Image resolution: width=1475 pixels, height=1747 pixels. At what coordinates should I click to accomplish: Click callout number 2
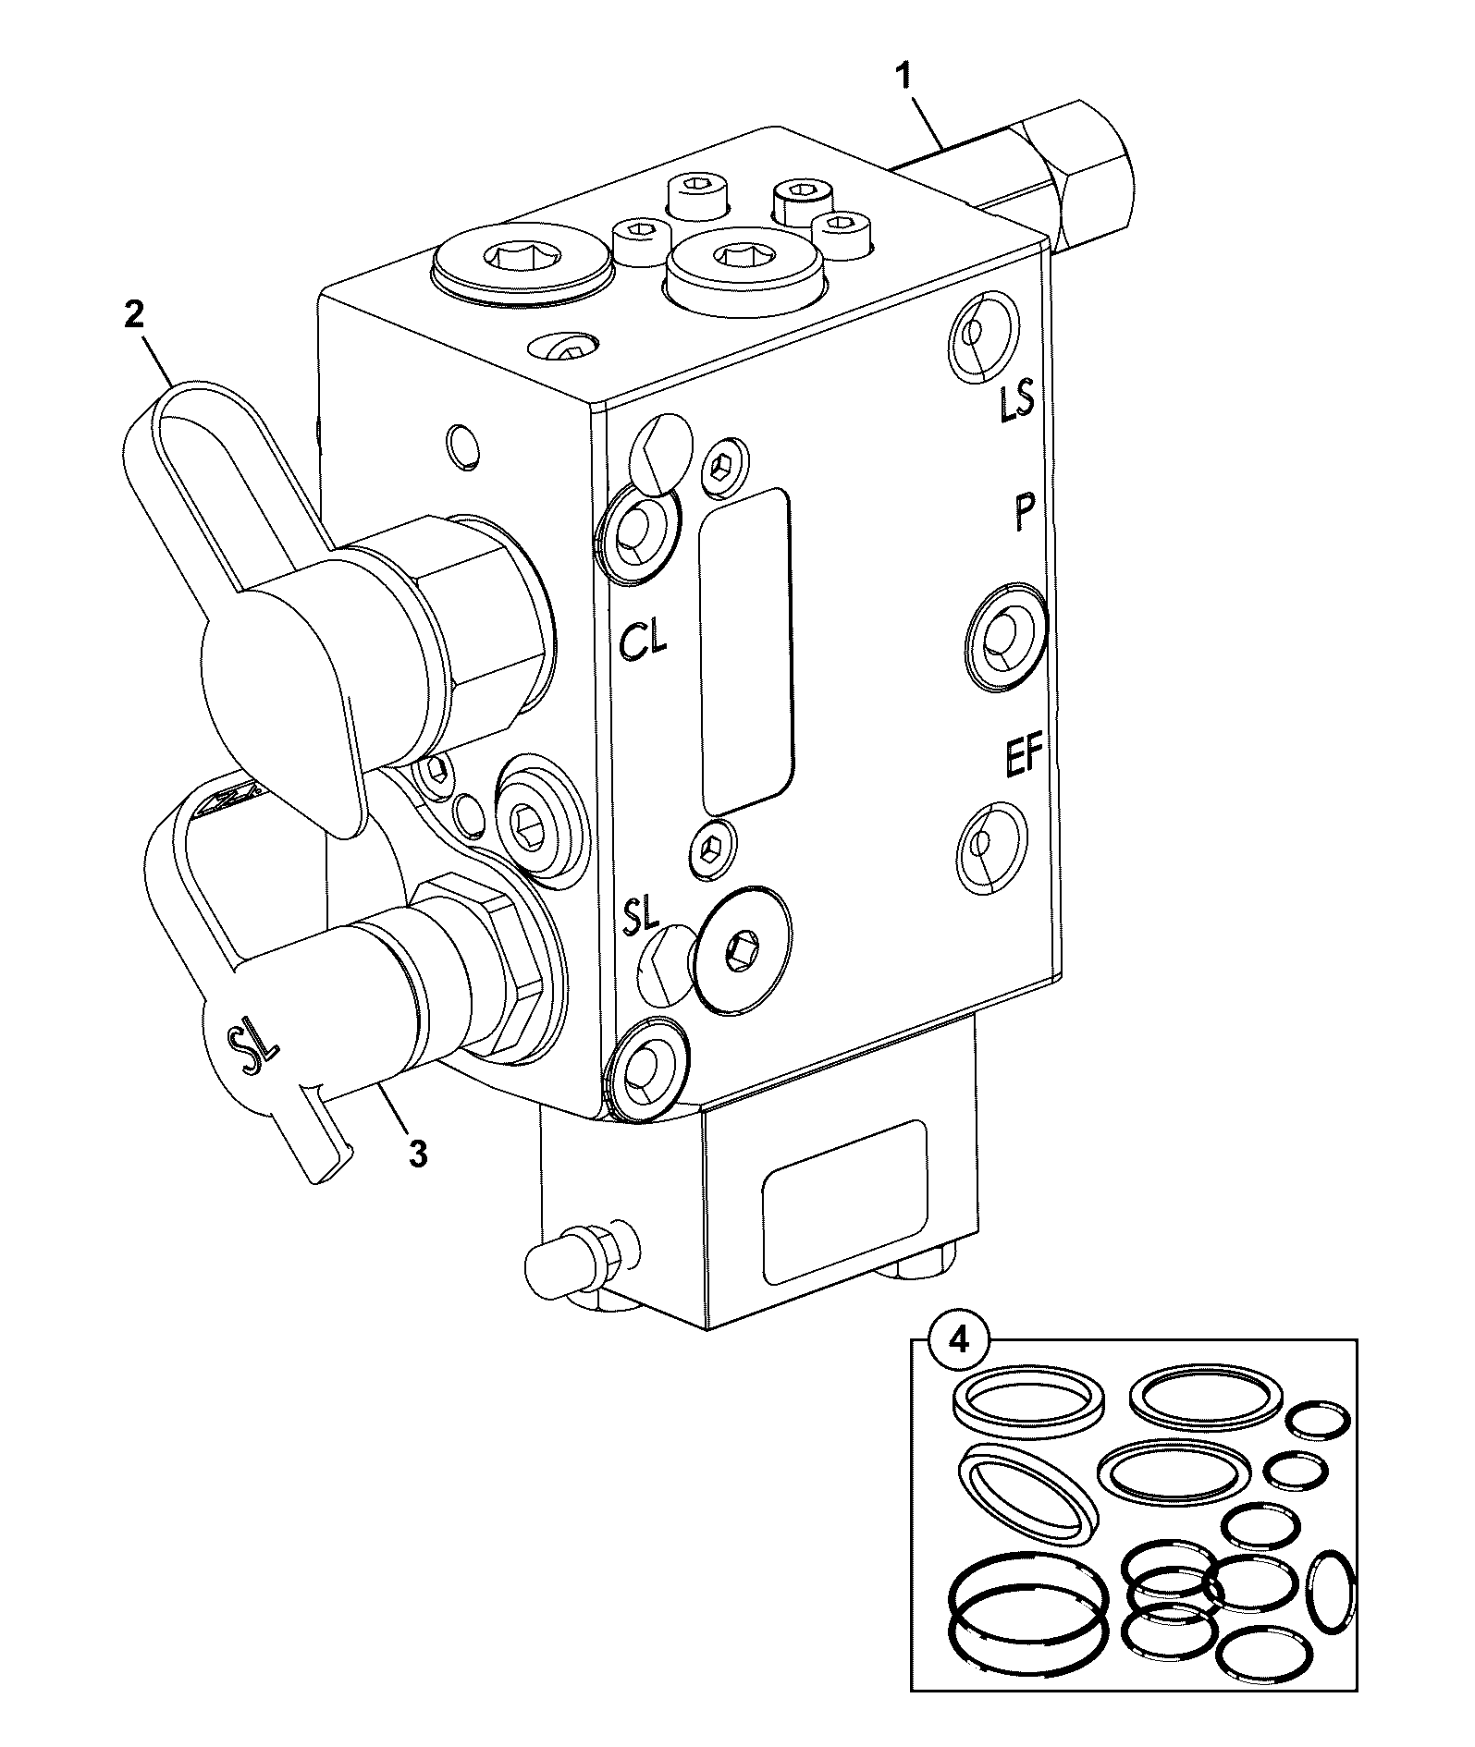click(x=135, y=315)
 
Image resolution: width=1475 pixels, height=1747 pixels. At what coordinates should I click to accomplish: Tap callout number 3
click(x=417, y=1153)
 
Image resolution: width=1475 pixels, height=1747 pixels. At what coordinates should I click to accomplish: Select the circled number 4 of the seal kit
click(x=959, y=1340)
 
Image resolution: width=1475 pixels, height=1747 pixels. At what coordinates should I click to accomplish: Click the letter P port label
click(x=1021, y=512)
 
